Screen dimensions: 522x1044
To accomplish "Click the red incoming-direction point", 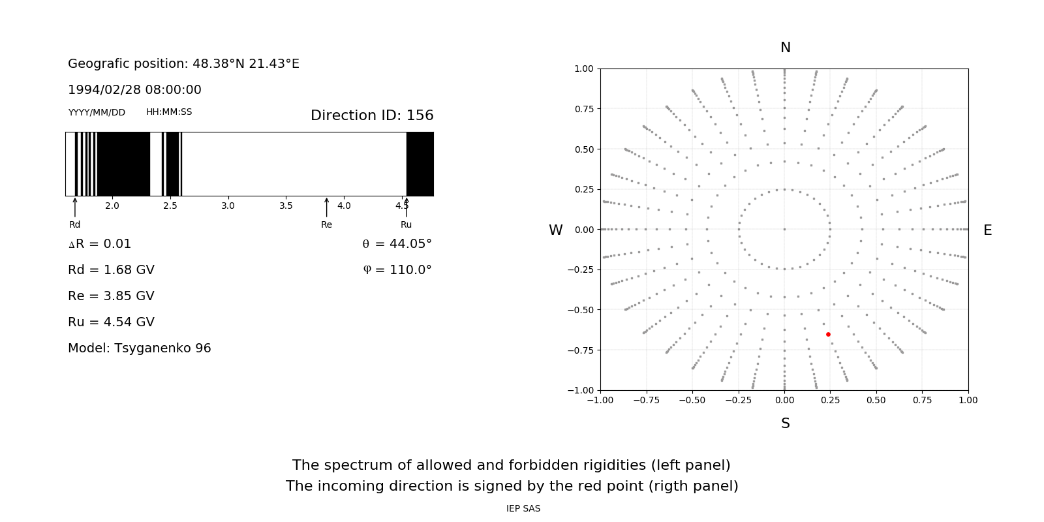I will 828,334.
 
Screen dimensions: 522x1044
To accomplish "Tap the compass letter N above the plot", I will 786,48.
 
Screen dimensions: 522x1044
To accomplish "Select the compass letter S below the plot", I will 786,423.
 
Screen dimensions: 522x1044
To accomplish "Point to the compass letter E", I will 987,230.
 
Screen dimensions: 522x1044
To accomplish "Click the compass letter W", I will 555,230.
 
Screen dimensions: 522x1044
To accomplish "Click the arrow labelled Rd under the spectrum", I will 75,207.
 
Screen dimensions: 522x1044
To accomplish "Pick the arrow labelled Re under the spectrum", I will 326,207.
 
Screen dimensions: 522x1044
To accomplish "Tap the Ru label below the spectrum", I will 406,224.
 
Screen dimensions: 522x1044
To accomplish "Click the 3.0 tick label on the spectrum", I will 228,206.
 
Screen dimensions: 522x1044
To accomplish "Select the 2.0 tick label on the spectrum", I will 112,206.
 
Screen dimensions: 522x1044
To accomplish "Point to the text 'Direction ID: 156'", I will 372,115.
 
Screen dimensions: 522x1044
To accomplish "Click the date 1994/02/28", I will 102,90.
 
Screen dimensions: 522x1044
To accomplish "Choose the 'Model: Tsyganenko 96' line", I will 140,348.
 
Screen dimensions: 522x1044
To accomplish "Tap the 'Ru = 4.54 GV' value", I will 111,322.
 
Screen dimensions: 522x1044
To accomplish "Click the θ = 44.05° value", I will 397,244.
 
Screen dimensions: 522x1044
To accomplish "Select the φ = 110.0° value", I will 397,270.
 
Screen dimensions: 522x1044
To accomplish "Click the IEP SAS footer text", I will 523,508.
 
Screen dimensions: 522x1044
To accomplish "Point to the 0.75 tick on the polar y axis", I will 584,109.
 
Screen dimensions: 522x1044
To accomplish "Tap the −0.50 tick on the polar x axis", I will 692,400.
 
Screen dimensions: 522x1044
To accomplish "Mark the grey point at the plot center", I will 784,229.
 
